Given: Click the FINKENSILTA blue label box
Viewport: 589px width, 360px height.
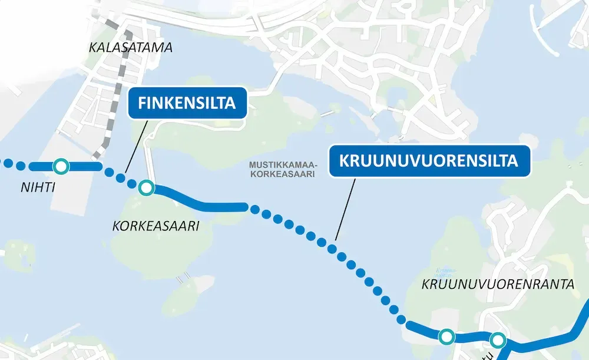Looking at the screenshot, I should pyautogui.click(x=187, y=103).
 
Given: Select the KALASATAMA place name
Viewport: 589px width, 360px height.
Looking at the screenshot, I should pyautogui.click(x=131, y=48).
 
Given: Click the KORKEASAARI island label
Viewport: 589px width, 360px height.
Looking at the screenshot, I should pyautogui.click(x=155, y=226).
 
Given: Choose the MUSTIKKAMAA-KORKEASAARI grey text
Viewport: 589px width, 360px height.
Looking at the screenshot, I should pyautogui.click(x=283, y=169).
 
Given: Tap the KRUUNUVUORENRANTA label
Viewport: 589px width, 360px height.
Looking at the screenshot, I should pyautogui.click(x=498, y=285).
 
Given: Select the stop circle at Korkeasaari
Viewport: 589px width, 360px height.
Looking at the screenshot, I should pyautogui.click(x=146, y=189).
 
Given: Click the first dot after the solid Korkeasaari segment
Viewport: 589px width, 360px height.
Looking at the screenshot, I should pyautogui.click(x=254, y=208).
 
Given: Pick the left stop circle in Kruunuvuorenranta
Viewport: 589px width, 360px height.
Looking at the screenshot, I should pyautogui.click(x=447, y=336).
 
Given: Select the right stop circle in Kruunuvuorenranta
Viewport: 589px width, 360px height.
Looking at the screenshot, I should pyautogui.click(x=498, y=340).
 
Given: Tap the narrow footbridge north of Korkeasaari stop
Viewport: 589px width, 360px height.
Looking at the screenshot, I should pyautogui.click(x=150, y=159).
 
